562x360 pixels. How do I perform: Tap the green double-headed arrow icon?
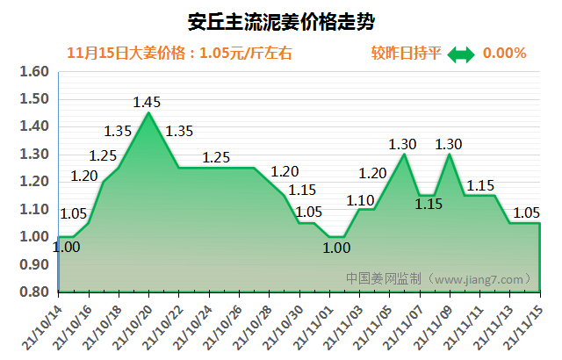tap(460, 54)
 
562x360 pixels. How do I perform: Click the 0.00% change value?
tap(504, 53)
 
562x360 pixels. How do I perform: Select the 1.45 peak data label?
tap(147, 102)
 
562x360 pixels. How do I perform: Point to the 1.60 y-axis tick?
tap(32, 72)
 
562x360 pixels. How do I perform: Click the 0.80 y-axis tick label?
tap(32, 292)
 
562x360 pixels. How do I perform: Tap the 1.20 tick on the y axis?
tap(32, 182)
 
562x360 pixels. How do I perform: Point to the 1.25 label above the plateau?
tap(216, 158)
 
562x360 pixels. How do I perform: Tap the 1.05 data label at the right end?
tap(526, 212)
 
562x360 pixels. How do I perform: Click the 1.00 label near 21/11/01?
tap(335, 248)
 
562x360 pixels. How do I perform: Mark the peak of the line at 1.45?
tap(148, 112)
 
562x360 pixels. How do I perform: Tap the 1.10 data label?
tap(360, 199)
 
